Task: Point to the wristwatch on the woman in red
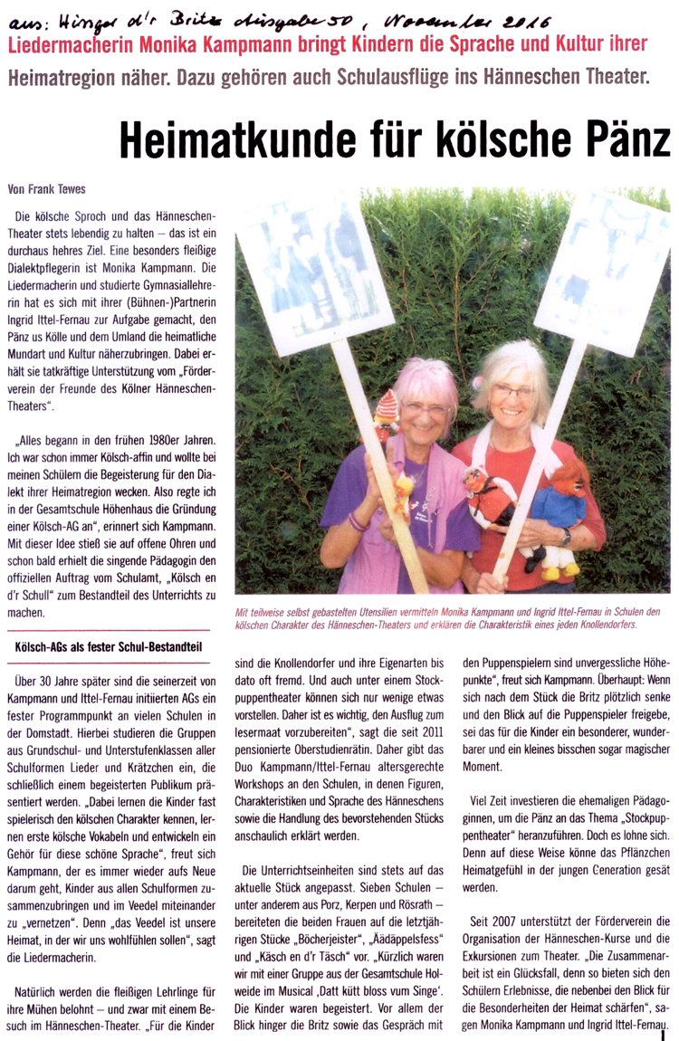(x=567, y=536)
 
